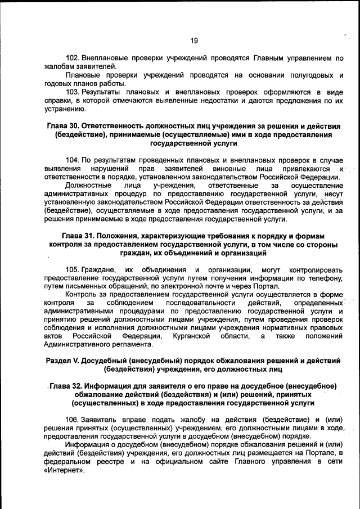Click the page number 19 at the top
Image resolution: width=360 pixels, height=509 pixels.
click(x=193, y=40)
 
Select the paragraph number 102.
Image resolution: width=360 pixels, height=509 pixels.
click(x=73, y=58)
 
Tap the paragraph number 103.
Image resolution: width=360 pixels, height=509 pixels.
click(x=73, y=92)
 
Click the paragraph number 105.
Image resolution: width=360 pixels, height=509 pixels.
click(x=73, y=269)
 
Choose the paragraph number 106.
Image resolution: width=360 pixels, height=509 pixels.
click(x=73, y=420)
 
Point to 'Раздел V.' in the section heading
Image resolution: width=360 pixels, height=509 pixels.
click(x=63, y=359)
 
